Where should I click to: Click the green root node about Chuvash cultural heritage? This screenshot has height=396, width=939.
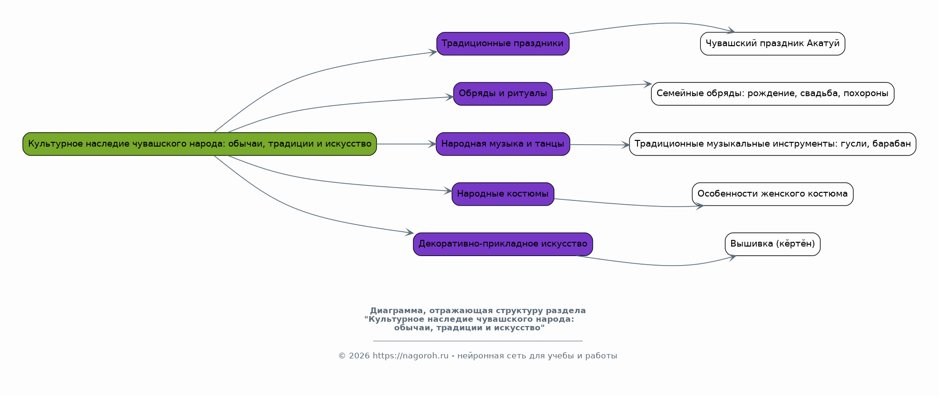[x=200, y=144]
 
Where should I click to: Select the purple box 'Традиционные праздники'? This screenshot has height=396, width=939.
[x=503, y=44]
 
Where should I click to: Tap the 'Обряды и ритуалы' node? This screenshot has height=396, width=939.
[x=503, y=94]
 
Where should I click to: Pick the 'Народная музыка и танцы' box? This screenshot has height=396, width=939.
[x=503, y=144]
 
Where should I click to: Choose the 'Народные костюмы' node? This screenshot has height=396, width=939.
[x=503, y=194]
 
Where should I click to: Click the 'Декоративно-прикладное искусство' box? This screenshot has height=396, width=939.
[x=503, y=244]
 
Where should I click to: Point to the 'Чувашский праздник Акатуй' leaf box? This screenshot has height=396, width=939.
[x=772, y=44]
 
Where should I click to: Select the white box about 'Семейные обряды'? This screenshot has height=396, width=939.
[x=772, y=94]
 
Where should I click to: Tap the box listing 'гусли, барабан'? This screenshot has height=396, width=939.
[x=772, y=144]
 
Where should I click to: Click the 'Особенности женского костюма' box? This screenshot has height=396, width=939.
[x=772, y=194]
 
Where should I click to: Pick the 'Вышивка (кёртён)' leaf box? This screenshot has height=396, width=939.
[x=772, y=244]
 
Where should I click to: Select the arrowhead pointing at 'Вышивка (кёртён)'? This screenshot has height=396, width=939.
[x=732, y=257]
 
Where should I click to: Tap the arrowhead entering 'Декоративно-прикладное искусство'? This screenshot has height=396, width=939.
[x=410, y=233]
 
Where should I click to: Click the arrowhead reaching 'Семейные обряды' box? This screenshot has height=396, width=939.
[x=648, y=84]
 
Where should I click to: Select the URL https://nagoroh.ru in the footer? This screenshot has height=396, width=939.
[x=410, y=356]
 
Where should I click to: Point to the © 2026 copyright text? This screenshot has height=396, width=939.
[x=354, y=356]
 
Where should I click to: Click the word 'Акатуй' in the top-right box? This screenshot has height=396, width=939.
[x=823, y=44]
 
